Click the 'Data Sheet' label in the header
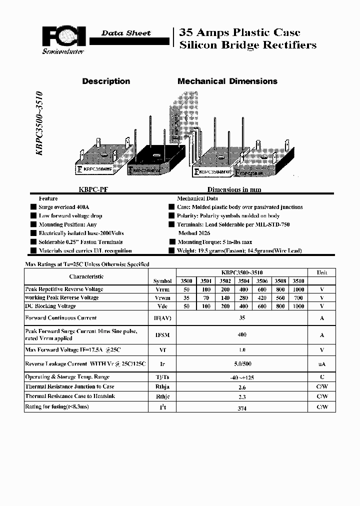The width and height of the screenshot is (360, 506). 125,33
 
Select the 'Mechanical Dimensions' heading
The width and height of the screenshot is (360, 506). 227,81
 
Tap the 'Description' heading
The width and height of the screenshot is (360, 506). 106,81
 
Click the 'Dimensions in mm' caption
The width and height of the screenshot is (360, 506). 234,190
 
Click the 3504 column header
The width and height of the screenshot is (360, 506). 244,281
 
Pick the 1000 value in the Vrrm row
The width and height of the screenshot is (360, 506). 298,289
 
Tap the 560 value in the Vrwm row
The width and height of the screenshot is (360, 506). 280,297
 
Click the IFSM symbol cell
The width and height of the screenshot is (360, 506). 162,335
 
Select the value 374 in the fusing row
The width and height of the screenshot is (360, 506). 242,408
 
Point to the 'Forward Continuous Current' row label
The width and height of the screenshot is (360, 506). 60,318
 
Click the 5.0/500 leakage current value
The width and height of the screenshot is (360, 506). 242,364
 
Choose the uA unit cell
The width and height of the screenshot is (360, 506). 322,364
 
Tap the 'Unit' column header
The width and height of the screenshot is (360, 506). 322,273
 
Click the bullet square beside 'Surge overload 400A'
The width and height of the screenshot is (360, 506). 32,207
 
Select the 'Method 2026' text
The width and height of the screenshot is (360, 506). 194,233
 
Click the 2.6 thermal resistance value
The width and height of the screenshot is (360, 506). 242,387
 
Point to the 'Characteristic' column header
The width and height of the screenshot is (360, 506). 86,276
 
